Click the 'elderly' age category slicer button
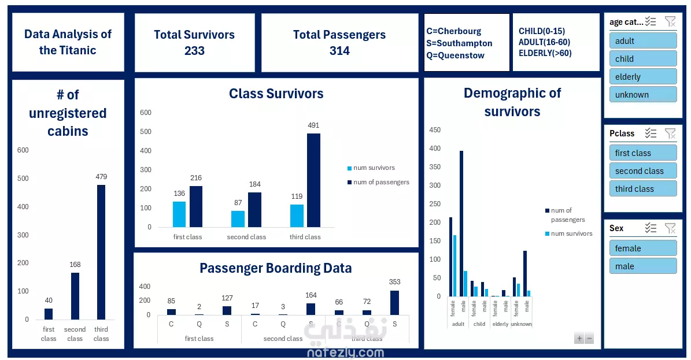(642, 77)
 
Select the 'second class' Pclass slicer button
(642, 171)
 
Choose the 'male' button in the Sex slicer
(642, 266)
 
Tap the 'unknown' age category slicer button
(642, 95)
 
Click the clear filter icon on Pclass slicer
(670, 133)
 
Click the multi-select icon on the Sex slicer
(651, 228)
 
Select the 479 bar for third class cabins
(101, 252)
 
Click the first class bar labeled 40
(49, 314)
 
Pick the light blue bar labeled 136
(179, 214)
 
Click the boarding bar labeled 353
(395, 303)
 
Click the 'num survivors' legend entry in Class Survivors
(374, 168)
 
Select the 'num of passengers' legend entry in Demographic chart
(567, 215)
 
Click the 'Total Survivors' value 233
(194, 51)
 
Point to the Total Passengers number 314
(339, 51)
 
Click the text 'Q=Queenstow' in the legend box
(456, 55)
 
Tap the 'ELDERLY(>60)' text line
(545, 53)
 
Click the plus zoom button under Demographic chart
(579, 339)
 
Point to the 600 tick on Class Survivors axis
(146, 113)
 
